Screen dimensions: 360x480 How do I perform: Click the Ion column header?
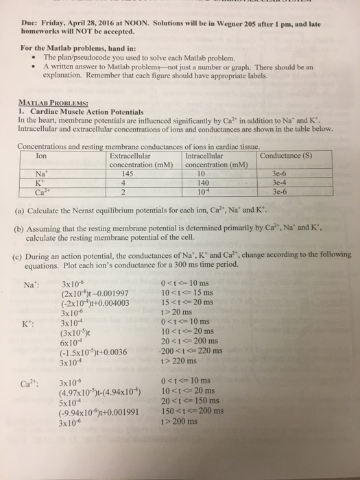[40, 155]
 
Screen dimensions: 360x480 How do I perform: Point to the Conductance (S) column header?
[286, 155]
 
